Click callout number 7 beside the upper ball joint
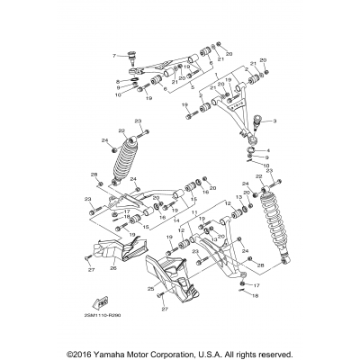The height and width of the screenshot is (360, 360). pos(114,55)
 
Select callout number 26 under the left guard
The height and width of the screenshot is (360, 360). pos(113,268)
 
